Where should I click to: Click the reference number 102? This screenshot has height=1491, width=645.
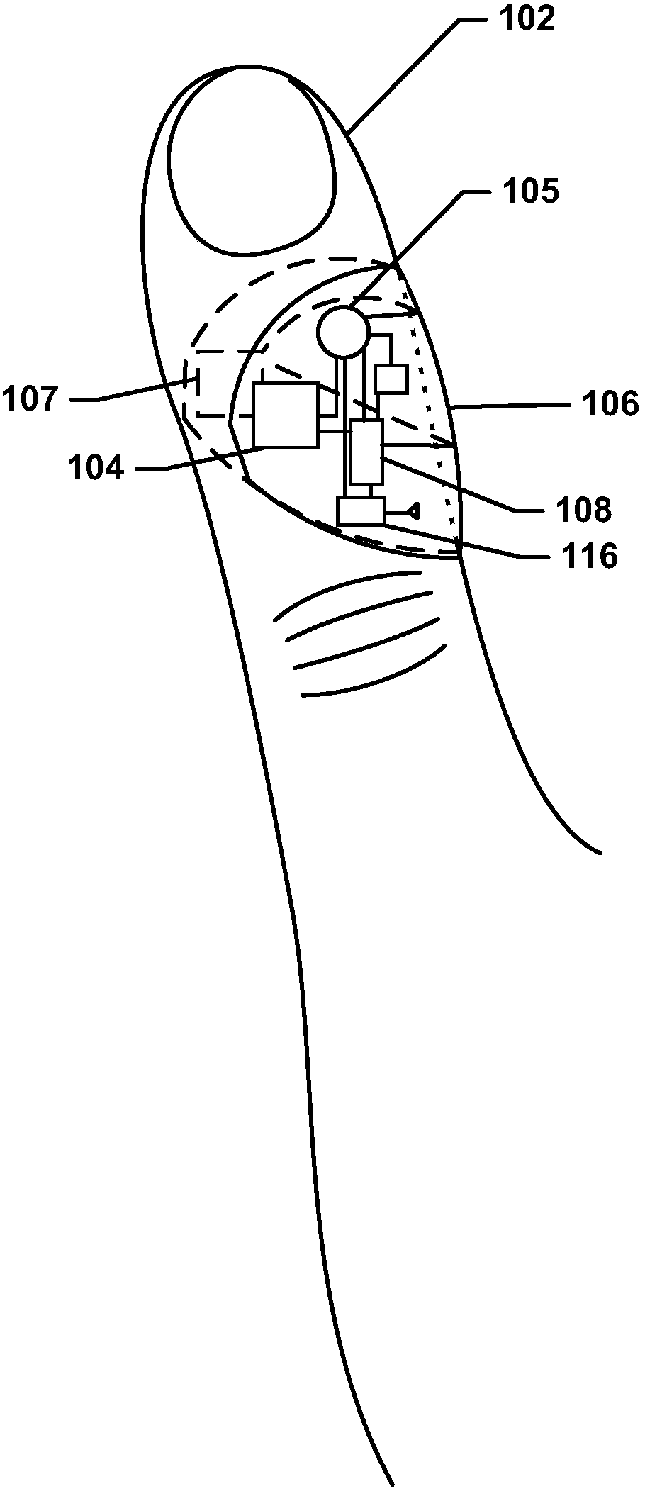(527, 19)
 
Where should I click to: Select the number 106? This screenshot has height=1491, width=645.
(610, 405)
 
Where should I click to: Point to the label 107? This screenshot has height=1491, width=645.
(30, 399)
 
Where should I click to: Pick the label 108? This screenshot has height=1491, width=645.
(583, 509)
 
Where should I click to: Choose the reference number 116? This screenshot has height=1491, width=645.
(588, 557)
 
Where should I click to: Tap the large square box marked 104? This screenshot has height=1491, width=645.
(286, 415)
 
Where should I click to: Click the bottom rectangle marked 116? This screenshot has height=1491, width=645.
(361, 510)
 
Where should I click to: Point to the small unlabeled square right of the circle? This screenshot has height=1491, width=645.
(391, 379)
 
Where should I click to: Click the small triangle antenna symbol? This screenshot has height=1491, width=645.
(413, 510)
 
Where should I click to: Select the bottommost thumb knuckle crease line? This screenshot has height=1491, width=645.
(374, 670)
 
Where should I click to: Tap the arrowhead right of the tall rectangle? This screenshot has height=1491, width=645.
(449, 445)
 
